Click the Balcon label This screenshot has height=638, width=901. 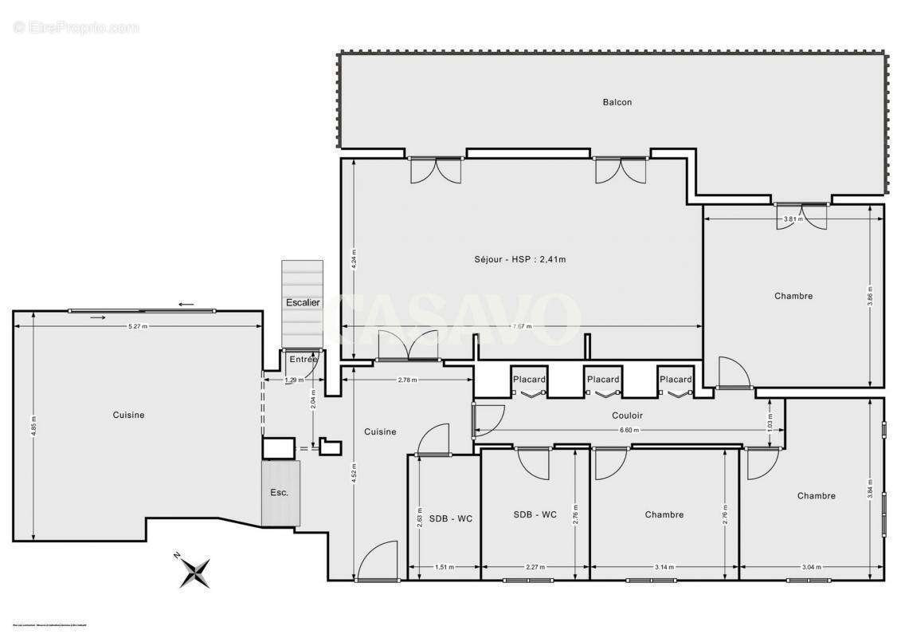[617, 102]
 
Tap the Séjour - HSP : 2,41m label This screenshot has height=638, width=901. [519, 259]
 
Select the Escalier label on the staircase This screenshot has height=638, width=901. [303, 303]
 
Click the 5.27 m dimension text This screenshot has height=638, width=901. [139, 326]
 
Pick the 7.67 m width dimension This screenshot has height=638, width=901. [522, 326]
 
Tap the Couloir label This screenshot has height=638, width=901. [627, 415]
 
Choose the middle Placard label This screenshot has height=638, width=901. [603, 380]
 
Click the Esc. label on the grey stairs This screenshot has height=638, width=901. [279, 493]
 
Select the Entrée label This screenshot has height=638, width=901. [304, 360]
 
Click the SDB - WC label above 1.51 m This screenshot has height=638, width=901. [450, 518]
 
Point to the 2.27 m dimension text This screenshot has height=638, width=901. [535, 568]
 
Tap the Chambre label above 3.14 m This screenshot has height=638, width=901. [664, 514]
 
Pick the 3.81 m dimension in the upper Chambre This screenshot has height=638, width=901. [792, 219]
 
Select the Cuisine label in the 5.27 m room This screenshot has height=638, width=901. [128, 415]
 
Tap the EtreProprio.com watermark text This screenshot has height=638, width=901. [76, 28]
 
